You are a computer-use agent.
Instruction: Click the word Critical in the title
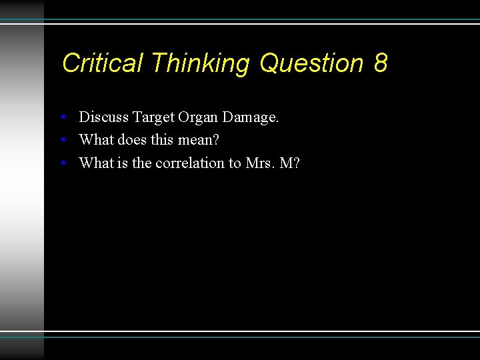tap(102, 63)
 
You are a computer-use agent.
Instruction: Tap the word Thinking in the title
tap(200, 63)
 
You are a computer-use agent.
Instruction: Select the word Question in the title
tap(311, 63)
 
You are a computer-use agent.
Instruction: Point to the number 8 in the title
tap(381, 63)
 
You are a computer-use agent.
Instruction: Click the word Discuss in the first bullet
tap(103, 117)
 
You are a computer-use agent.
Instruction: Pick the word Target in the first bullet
tap(153, 117)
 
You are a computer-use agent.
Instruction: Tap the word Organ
tap(198, 118)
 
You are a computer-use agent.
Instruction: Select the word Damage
tap(251, 118)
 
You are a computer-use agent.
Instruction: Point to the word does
tap(131, 140)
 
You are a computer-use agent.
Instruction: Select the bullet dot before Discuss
tap(62, 118)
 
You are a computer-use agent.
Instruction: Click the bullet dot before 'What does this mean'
tap(62, 141)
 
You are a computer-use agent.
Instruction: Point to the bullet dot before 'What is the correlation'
tap(62, 163)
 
